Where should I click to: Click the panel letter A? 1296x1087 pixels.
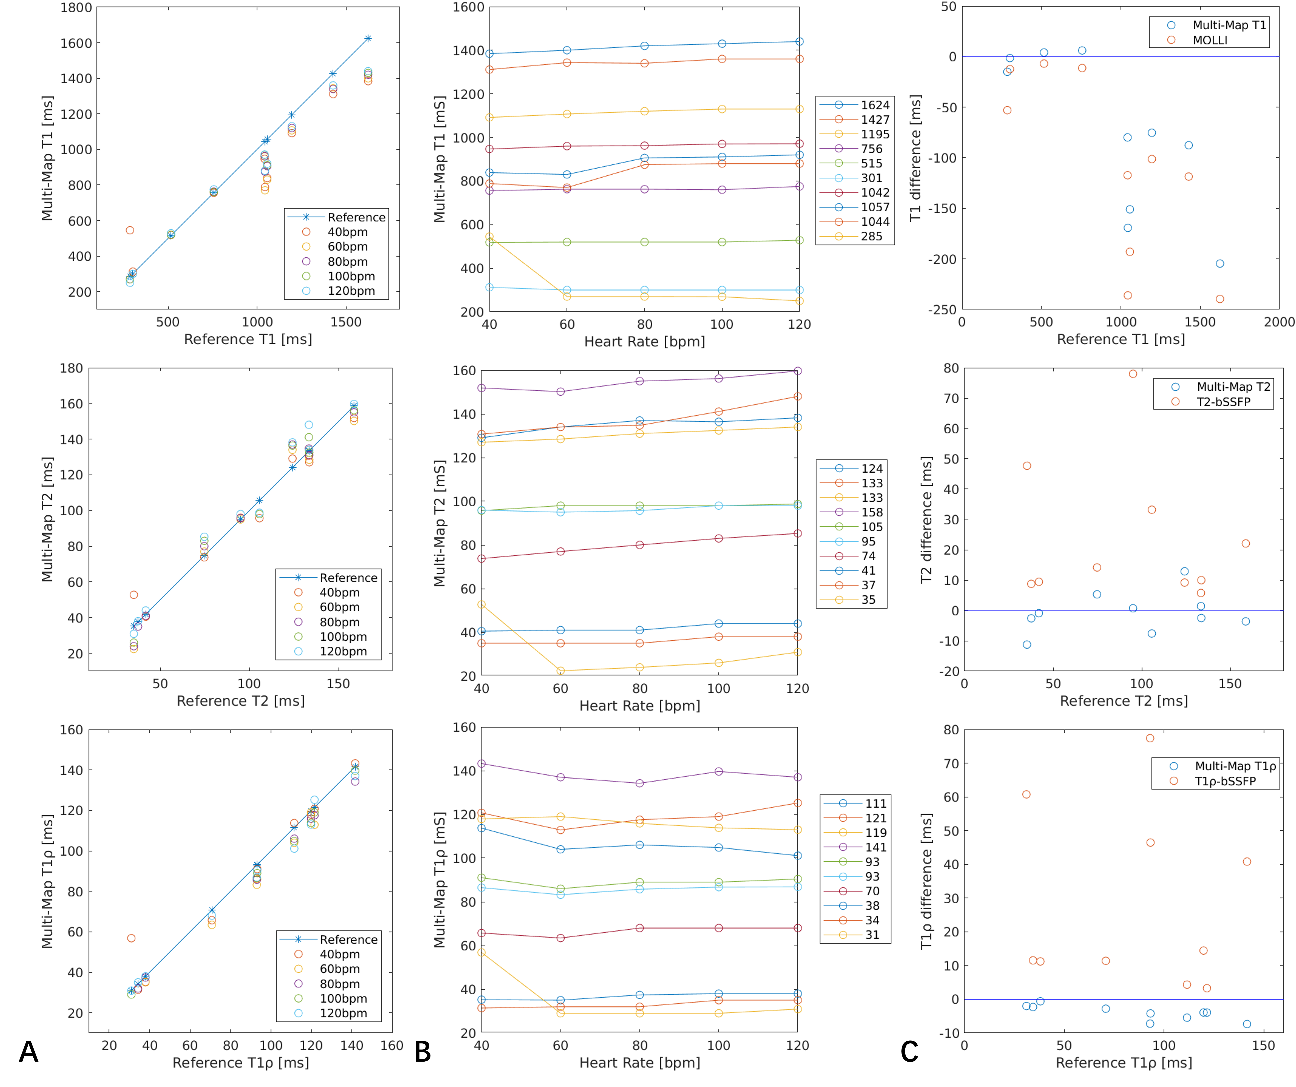(x=28, y=1052)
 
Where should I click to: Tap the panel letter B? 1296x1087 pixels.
(x=423, y=1052)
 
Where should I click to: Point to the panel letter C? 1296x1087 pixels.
(x=909, y=1052)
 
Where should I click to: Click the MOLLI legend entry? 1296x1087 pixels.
(x=1210, y=40)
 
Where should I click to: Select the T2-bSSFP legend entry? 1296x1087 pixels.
(x=1223, y=402)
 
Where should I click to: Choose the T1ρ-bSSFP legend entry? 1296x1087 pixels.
(x=1225, y=781)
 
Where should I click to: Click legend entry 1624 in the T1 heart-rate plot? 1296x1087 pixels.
(x=874, y=105)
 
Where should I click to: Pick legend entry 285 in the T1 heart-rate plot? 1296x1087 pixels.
(x=871, y=236)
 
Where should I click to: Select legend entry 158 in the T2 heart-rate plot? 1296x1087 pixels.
(x=871, y=512)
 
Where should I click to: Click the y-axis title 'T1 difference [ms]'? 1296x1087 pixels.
(x=915, y=158)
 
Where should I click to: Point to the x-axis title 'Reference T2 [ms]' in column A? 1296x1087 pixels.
(x=241, y=701)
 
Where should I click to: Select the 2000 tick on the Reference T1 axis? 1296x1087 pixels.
(x=1279, y=322)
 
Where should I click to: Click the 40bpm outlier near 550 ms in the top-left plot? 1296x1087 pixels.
(x=130, y=230)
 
